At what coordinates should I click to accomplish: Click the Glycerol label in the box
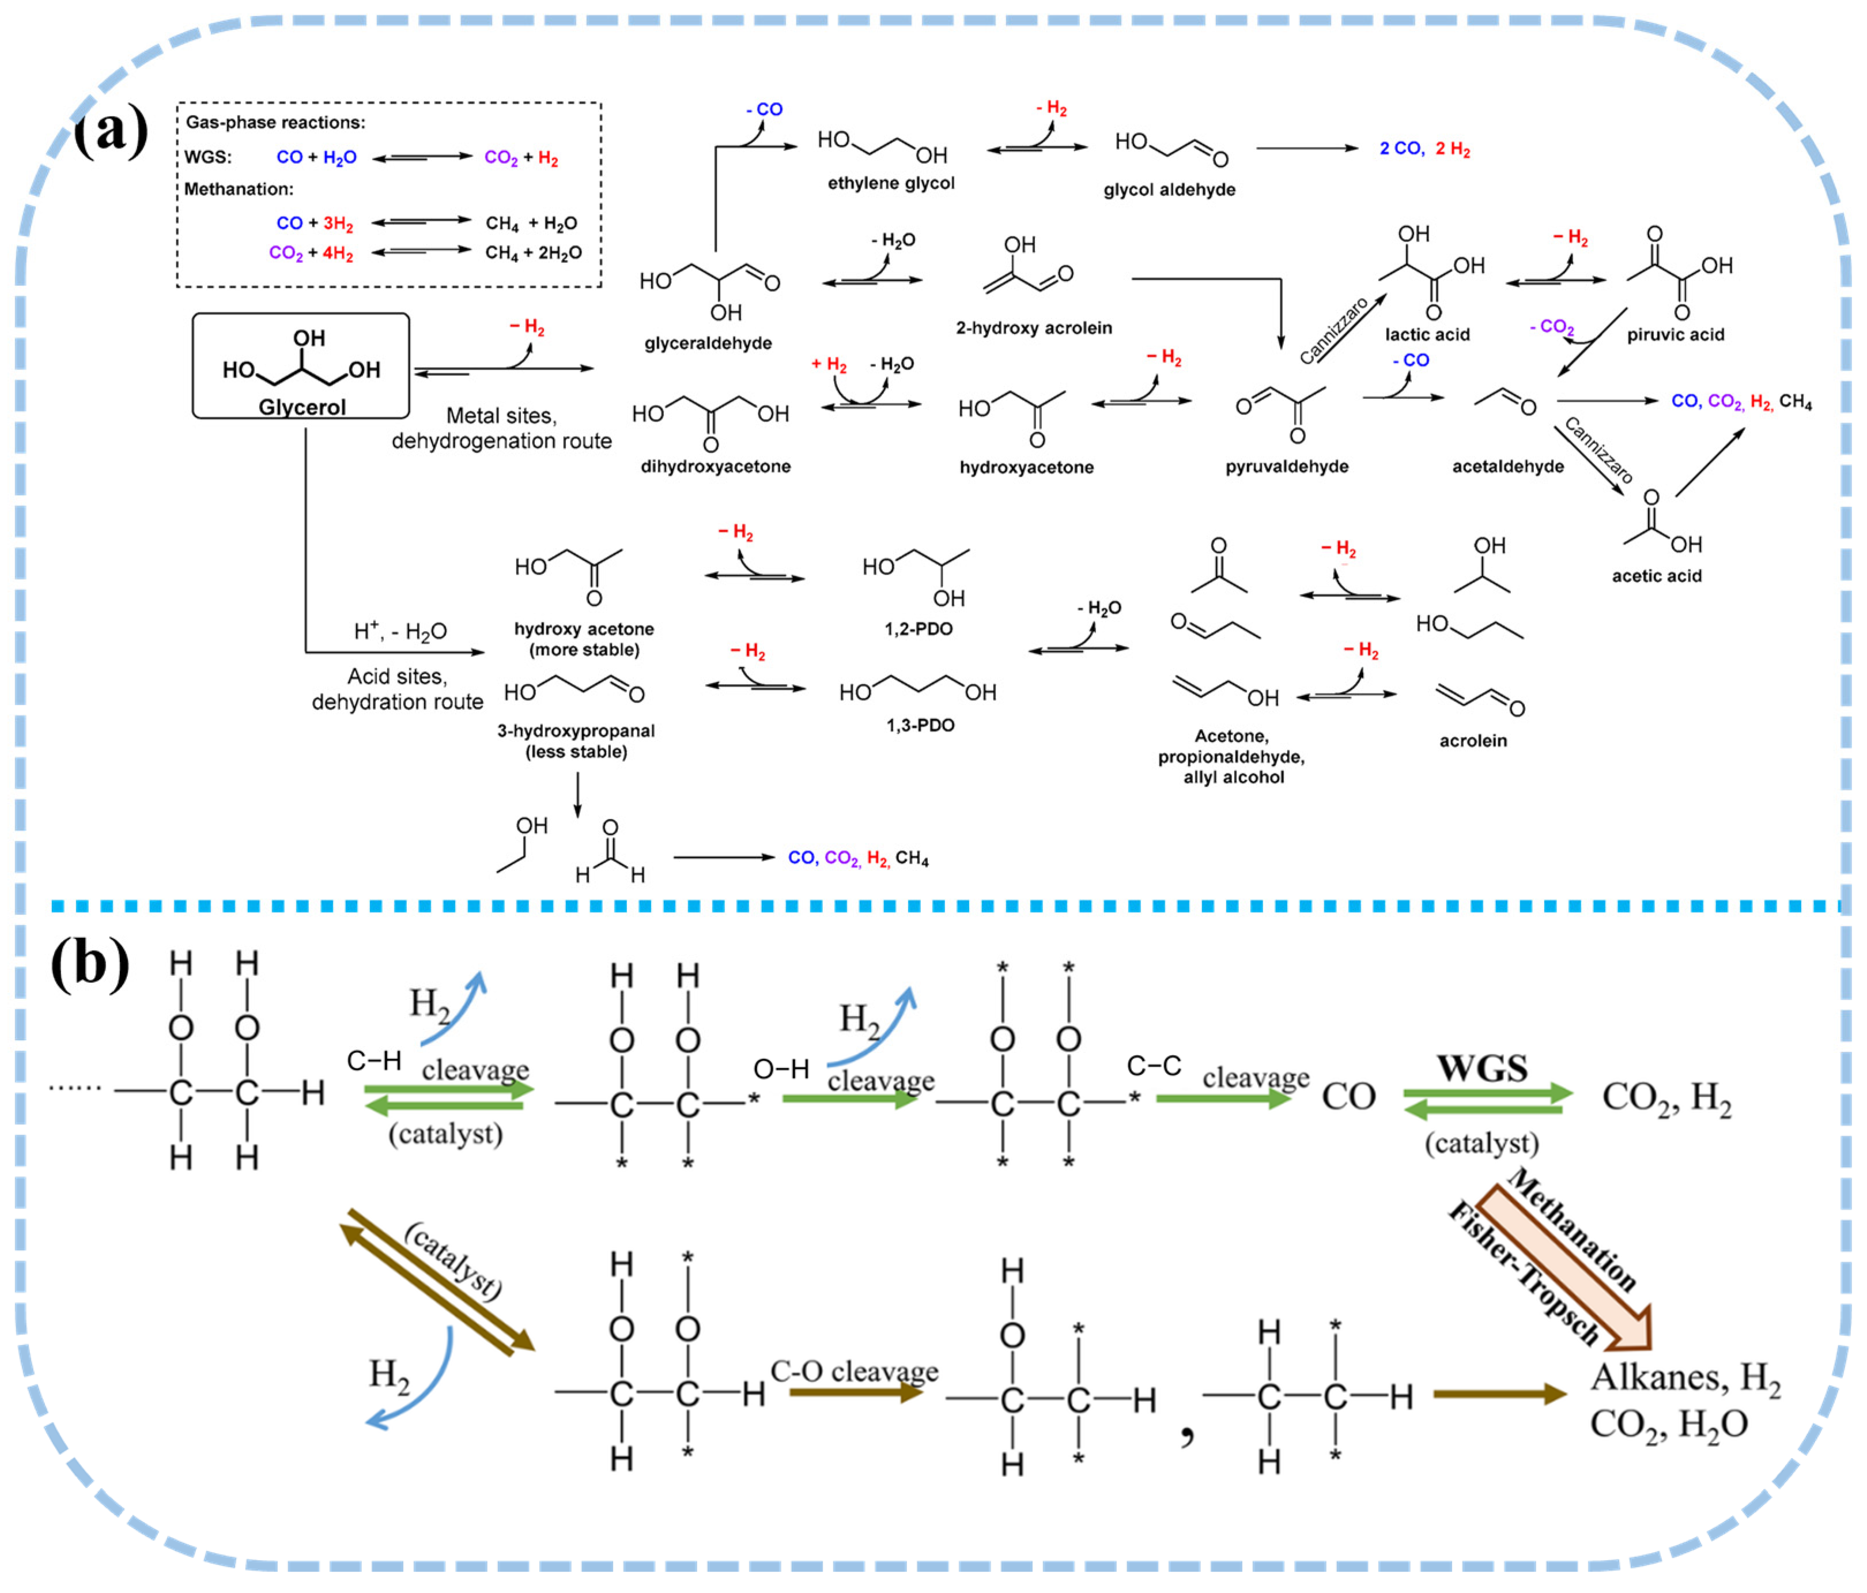(x=302, y=407)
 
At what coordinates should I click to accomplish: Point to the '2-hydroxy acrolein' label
(x=1034, y=328)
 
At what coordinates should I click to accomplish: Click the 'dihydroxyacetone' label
(x=716, y=467)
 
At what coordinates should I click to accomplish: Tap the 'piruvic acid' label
(x=1675, y=335)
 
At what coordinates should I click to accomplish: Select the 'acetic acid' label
(x=1656, y=576)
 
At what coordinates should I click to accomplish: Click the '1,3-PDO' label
(x=920, y=725)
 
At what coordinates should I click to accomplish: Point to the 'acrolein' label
(x=1472, y=741)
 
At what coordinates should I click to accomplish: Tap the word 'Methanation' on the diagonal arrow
(x=1573, y=1230)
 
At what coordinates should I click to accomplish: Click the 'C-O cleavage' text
(x=853, y=1371)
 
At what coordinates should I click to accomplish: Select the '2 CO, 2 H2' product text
(x=1424, y=150)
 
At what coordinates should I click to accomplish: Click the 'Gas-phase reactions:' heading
(x=275, y=123)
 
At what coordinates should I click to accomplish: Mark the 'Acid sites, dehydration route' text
(x=398, y=689)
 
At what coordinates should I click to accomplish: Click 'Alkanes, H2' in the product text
(x=1685, y=1377)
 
